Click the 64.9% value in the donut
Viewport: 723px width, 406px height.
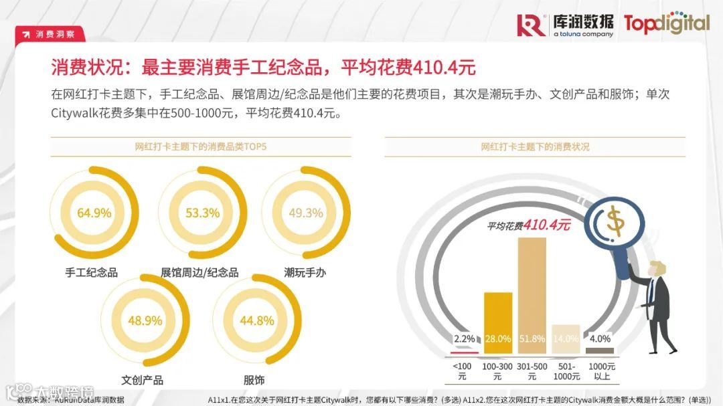[94, 213]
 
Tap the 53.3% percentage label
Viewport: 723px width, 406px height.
[202, 213]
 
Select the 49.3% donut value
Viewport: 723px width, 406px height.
[306, 213]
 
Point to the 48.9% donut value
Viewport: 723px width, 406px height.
[145, 321]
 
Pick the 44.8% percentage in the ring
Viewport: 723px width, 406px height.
[257, 321]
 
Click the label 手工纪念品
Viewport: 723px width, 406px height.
[91, 272]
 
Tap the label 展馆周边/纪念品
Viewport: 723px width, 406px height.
[199, 272]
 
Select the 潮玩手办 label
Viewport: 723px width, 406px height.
[305, 272]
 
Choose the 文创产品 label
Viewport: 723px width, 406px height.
[142, 380]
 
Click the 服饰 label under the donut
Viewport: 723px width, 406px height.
[254, 380]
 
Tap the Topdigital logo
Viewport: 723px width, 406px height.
[666, 23]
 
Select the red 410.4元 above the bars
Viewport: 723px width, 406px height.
[547, 225]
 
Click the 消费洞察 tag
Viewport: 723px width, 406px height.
[50, 34]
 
